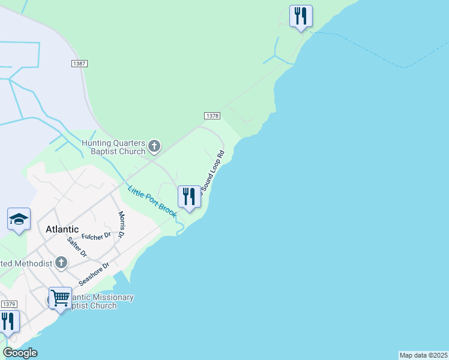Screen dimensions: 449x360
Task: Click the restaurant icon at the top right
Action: point(300,16)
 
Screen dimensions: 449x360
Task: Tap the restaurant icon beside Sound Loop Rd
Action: point(189,197)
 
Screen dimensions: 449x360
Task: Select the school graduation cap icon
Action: point(19,220)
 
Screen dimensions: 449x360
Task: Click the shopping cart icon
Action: point(60,298)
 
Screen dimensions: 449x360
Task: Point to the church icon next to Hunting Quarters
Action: point(154,145)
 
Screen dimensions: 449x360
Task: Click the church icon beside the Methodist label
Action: point(61,262)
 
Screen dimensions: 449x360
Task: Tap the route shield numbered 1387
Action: point(79,63)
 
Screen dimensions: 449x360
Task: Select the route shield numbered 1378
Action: point(212,116)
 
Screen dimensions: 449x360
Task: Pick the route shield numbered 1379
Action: point(8,304)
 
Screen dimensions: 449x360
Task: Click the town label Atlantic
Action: point(62,229)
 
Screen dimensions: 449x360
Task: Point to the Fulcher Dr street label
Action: point(97,236)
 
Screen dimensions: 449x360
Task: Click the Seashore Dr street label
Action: point(94,274)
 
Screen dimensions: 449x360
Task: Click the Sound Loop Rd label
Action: point(212,172)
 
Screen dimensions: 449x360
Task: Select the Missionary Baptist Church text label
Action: point(93,302)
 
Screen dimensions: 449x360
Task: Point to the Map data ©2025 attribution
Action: point(423,355)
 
